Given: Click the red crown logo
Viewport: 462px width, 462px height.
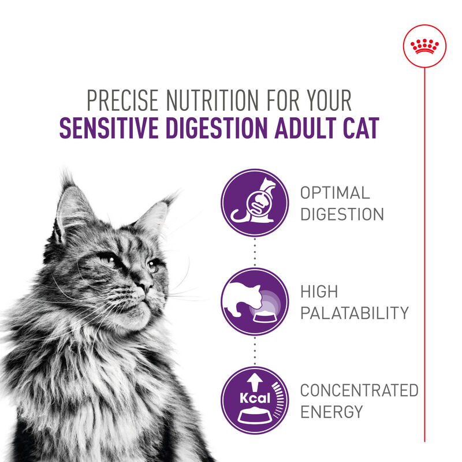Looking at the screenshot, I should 425,46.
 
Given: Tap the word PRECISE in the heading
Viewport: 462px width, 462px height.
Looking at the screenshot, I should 121,102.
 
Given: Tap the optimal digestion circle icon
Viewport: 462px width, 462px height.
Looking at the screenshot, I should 254,202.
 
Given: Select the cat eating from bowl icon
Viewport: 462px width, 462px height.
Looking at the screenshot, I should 254,302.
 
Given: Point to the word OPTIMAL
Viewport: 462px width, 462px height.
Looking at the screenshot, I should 334,193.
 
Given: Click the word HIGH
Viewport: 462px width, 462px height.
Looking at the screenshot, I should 319,292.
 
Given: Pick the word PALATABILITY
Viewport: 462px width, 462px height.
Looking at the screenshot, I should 354,314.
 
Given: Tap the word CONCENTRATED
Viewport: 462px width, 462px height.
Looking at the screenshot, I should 359,390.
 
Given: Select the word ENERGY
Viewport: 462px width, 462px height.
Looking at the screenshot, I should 331,412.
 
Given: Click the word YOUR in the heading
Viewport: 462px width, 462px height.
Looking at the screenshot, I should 326,102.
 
